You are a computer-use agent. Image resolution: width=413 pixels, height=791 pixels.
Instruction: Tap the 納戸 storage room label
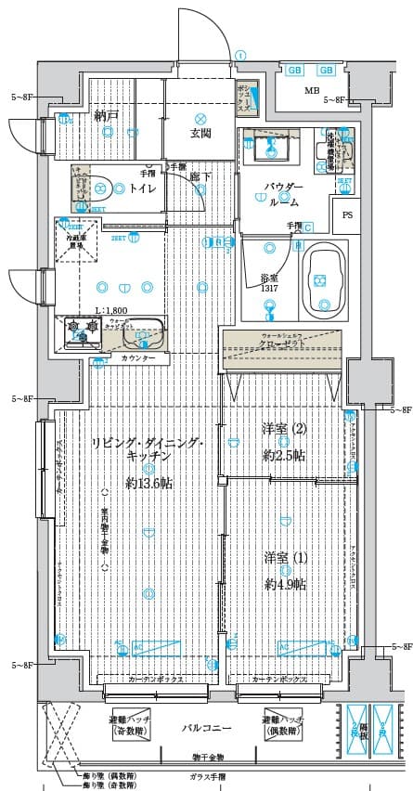click(x=107, y=116)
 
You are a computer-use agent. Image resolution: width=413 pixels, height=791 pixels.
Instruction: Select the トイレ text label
click(x=142, y=188)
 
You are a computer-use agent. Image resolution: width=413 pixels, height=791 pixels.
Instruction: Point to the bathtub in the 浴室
click(x=325, y=276)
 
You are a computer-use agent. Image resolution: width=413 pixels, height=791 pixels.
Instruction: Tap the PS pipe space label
click(x=347, y=215)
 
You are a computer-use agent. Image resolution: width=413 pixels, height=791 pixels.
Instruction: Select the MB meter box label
click(x=312, y=90)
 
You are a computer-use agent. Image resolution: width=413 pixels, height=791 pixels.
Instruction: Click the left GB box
click(x=294, y=71)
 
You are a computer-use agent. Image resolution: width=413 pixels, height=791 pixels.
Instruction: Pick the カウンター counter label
click(x=137, y=357)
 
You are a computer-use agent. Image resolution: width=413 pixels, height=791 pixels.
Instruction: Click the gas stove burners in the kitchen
click(x=81, y=328)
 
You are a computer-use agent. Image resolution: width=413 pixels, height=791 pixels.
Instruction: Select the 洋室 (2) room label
click(x=285, y=429)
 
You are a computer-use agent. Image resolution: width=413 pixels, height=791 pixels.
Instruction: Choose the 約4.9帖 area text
click(x=285, y=584)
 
